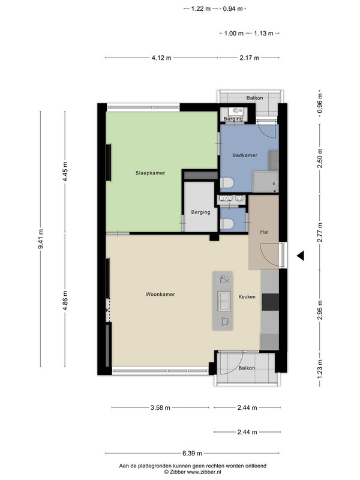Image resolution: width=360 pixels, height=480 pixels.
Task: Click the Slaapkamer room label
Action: point(150,173)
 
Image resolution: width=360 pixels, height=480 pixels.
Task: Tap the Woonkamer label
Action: point(160,294)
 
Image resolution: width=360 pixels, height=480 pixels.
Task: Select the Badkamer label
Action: point(245,155)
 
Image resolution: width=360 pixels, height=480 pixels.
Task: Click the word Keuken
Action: point(247,296)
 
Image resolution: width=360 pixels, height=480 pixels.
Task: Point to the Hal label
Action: point(264,232)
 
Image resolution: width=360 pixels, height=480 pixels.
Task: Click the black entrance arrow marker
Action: point(301,256)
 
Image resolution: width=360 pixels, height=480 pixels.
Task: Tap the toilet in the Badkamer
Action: point(227,183)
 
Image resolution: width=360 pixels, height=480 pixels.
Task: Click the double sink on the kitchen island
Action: point(224,301)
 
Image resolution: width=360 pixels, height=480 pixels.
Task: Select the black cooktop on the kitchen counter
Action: point(271,302)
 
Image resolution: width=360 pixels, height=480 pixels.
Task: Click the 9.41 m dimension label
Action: point(41,239)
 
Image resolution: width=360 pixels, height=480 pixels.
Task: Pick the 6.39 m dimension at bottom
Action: point(192,453)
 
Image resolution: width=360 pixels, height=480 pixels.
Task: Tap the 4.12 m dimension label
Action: point(161,58)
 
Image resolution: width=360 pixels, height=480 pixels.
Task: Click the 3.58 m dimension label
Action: point(160,407)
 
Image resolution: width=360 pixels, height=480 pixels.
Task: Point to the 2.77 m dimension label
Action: point(320,232)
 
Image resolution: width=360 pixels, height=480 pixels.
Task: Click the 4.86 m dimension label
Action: point(65,301)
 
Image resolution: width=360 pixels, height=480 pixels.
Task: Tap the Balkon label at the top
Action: point(254,98)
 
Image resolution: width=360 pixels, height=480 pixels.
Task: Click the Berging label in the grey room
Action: point(200,212)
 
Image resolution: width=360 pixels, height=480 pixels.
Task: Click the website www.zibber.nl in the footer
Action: point(204,472)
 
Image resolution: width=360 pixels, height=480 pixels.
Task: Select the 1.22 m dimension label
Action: point(201,8)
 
